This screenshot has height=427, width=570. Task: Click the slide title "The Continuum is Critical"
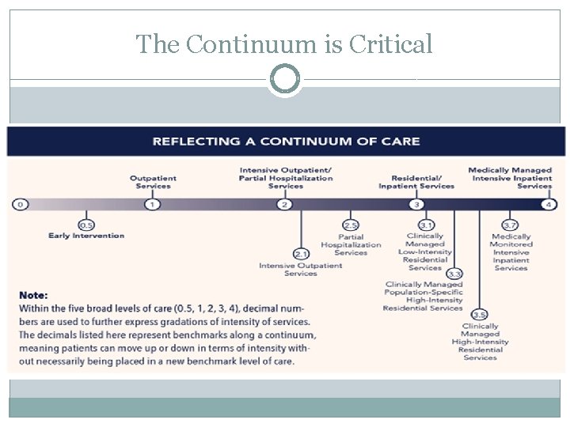(284, 44)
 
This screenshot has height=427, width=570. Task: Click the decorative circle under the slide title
(285, 80)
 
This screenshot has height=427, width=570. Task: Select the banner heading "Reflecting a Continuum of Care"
(286, 142)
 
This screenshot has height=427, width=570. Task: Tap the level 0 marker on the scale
(20, 204)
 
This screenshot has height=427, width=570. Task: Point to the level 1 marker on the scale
(153, 204)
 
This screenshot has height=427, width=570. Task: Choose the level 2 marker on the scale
(285, 204)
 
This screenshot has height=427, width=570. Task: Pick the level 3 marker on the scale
(416, 204)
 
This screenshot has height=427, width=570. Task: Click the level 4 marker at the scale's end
(549, 204)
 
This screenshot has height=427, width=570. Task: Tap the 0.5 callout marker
(86, 225)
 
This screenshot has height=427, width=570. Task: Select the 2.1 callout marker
(301, 254)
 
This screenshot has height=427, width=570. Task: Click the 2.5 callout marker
(351, 225)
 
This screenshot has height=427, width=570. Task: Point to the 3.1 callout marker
(426, 225)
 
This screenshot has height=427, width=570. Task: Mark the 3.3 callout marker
(454, 274)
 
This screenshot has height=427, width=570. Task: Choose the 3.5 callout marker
(479, 315)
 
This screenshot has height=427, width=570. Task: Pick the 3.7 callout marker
(511, 225)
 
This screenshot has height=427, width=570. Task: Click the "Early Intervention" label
(86, 236)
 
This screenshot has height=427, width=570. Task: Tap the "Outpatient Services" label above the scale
(153, 182)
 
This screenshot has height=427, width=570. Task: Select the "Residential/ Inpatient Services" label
(416, 182)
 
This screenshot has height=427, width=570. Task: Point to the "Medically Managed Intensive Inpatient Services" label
(511, 178)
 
